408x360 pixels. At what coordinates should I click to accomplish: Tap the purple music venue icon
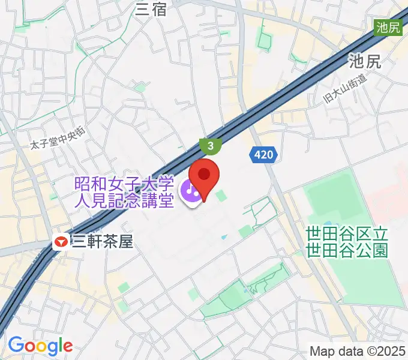click(192, 193)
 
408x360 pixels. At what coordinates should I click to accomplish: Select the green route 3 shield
click(211, 146)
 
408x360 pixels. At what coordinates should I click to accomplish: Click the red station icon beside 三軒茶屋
click(61, 242)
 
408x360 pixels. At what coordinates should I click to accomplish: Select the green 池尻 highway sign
click(387, 27)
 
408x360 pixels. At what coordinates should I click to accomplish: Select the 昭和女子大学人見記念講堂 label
click(124, 192)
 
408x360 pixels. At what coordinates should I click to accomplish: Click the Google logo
click(40, 346)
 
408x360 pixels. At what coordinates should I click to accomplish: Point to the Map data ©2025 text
click(358, 351)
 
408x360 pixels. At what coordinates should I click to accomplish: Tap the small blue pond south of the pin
click(224, 237)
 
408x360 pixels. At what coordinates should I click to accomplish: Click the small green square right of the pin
click(221, 196)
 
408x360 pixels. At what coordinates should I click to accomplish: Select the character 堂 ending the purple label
click(166, 200)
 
